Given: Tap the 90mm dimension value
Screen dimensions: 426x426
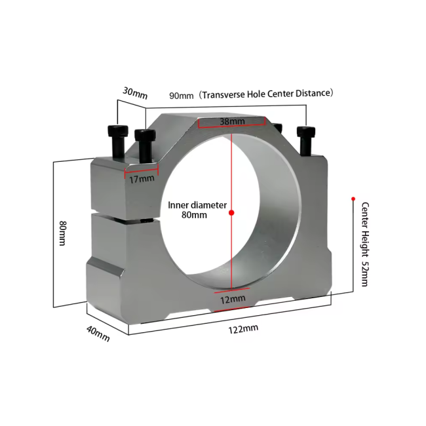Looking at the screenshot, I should (x=182, y=95).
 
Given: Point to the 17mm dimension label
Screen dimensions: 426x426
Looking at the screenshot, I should (x=142, y=178).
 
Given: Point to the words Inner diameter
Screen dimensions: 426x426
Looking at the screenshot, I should (x=197, y=205).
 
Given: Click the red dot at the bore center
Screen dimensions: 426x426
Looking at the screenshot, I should (x=231, y=212).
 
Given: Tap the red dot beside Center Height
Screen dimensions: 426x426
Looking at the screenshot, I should (x=353, y=198).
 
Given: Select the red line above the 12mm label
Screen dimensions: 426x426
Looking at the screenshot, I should (x=231, y=288).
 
